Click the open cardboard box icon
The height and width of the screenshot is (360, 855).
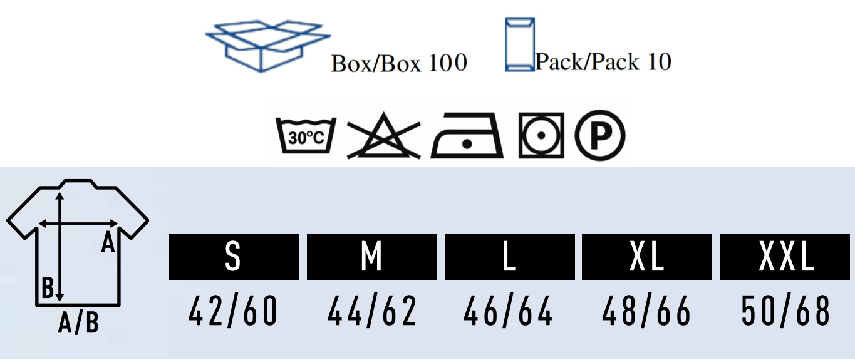pyautogui.click(x=267, y=46)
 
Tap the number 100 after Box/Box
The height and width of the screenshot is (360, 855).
pyautogui.click(x=448, y=63)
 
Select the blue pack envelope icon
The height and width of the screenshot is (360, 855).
pyautogui.click(x=519, y=44)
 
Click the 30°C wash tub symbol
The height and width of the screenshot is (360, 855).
pyautogui.click(x=306, y=135)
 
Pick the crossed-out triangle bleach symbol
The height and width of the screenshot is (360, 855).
pyautogui.click(x=383, y=136)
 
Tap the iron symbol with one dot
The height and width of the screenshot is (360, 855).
pyautogui.click(x=467, y=135)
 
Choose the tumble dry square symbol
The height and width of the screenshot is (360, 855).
pyautogui.click(x=541, y=135)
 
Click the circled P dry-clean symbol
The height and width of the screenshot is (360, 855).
pyautogui.click(x=599, y=135)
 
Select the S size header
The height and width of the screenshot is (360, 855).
pyautogui.click(x=234, y=257)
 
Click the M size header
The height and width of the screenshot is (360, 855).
pyautogui.click(x=372, y=257)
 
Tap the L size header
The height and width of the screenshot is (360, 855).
pyautogui.click(x=510, y=257)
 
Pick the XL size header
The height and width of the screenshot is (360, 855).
pyautogui.click(x=647, y=257)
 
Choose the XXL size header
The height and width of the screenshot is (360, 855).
pyautogui.click(x=785, y=257)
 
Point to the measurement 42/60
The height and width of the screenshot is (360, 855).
pyautogui.click(x=233, y=311)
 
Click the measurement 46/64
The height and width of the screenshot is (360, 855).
pyautogui.click(x=508, y=311)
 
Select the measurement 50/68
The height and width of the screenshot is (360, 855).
pyautogui.click(x=785, y=311)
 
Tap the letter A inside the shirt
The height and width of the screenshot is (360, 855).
pyautogui.click(x=108, y=243)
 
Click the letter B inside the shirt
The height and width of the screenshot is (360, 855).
pyautogui.click(x=48, y=287)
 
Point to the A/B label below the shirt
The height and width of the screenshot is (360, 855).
pyautogui.click(x=79, y=323)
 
